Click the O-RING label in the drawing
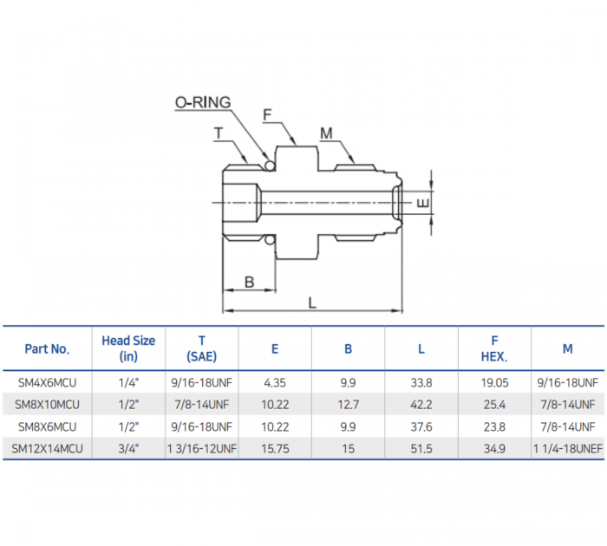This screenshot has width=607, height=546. point(203,102)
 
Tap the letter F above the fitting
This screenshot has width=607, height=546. point(268,114)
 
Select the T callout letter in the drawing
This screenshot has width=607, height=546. point(219,133)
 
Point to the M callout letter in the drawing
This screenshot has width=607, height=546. point(326,133)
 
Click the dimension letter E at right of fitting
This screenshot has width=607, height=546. point(421,203)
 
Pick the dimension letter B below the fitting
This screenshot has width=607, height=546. point(249,282)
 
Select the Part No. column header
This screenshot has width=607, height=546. point(47,348)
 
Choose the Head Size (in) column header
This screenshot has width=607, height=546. point(128,348)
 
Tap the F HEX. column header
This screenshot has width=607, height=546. point(494,348)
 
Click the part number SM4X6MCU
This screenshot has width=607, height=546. point(47,381)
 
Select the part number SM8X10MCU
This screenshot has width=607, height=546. point(47,404)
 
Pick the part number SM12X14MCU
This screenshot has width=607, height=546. point(47,448)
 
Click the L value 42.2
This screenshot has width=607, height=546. point(421,404)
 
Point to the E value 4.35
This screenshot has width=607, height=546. point(275,381)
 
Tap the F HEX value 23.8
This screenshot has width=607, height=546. point(494,426)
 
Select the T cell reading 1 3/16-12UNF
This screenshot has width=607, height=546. point(202,448)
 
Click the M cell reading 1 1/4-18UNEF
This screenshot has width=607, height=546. point(567,448)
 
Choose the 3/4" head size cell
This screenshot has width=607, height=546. point(128,448)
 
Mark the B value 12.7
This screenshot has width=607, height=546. point(348,404)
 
